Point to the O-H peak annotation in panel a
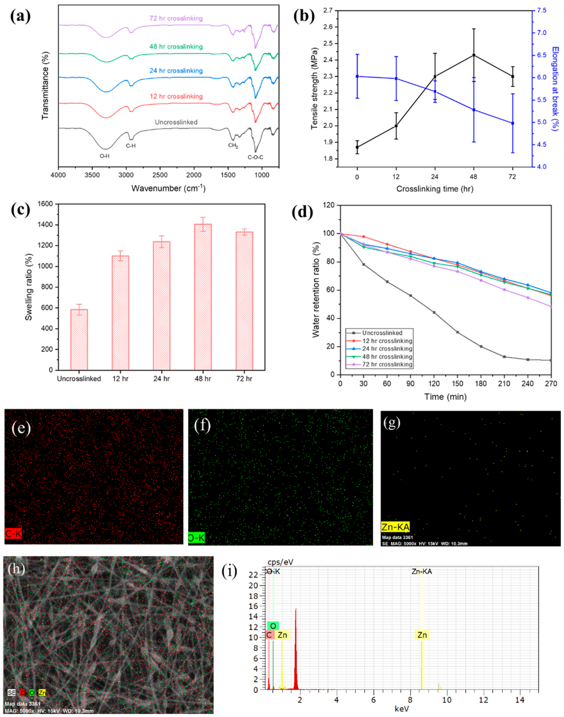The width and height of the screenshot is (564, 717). pos(105,156)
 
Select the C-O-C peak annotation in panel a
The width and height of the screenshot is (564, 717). pos(255,157)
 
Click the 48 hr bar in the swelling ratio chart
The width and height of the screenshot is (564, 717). pos(203,297)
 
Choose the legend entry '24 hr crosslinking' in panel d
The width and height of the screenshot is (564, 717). pos(386,348)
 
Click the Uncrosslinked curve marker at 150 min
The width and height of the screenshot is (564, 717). pos(457,332)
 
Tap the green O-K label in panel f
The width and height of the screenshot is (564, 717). pos(197,538)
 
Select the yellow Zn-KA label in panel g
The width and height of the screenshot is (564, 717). pos(395,527)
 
